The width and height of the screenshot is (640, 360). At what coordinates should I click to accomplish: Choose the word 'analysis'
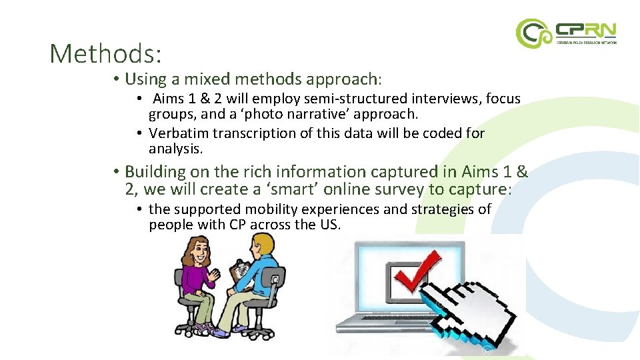tap(175, 149)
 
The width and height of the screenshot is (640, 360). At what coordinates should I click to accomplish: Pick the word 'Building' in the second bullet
tap(152, 172)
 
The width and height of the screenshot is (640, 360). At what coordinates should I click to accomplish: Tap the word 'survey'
tap(414, 189)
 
